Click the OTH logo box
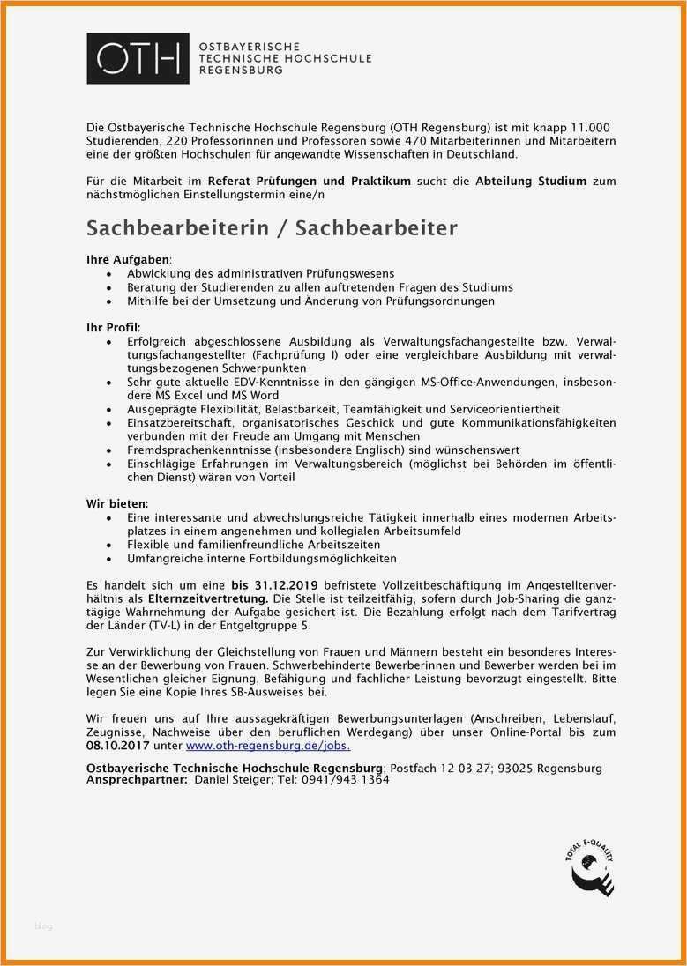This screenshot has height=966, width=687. point(138,58)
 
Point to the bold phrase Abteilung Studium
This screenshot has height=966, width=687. point(530,181)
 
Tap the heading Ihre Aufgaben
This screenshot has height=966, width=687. point(127,260)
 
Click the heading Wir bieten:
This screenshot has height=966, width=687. point(117,502)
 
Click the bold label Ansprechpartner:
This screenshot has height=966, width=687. point(137,780)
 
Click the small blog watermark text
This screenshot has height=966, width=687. point(43,925)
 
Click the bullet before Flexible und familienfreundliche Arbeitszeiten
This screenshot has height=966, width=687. point(108,546)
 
